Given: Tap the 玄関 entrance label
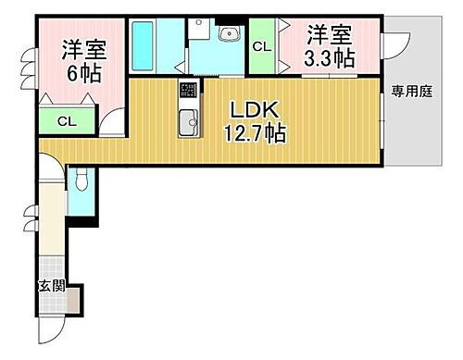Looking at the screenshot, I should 51,286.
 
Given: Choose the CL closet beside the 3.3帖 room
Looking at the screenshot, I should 263,47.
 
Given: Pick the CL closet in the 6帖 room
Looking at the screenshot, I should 66,120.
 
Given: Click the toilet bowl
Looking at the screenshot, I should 81,180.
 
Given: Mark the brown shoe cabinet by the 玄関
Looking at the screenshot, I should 74,298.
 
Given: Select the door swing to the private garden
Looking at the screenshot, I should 396,42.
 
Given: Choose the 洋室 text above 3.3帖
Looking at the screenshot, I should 330,36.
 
